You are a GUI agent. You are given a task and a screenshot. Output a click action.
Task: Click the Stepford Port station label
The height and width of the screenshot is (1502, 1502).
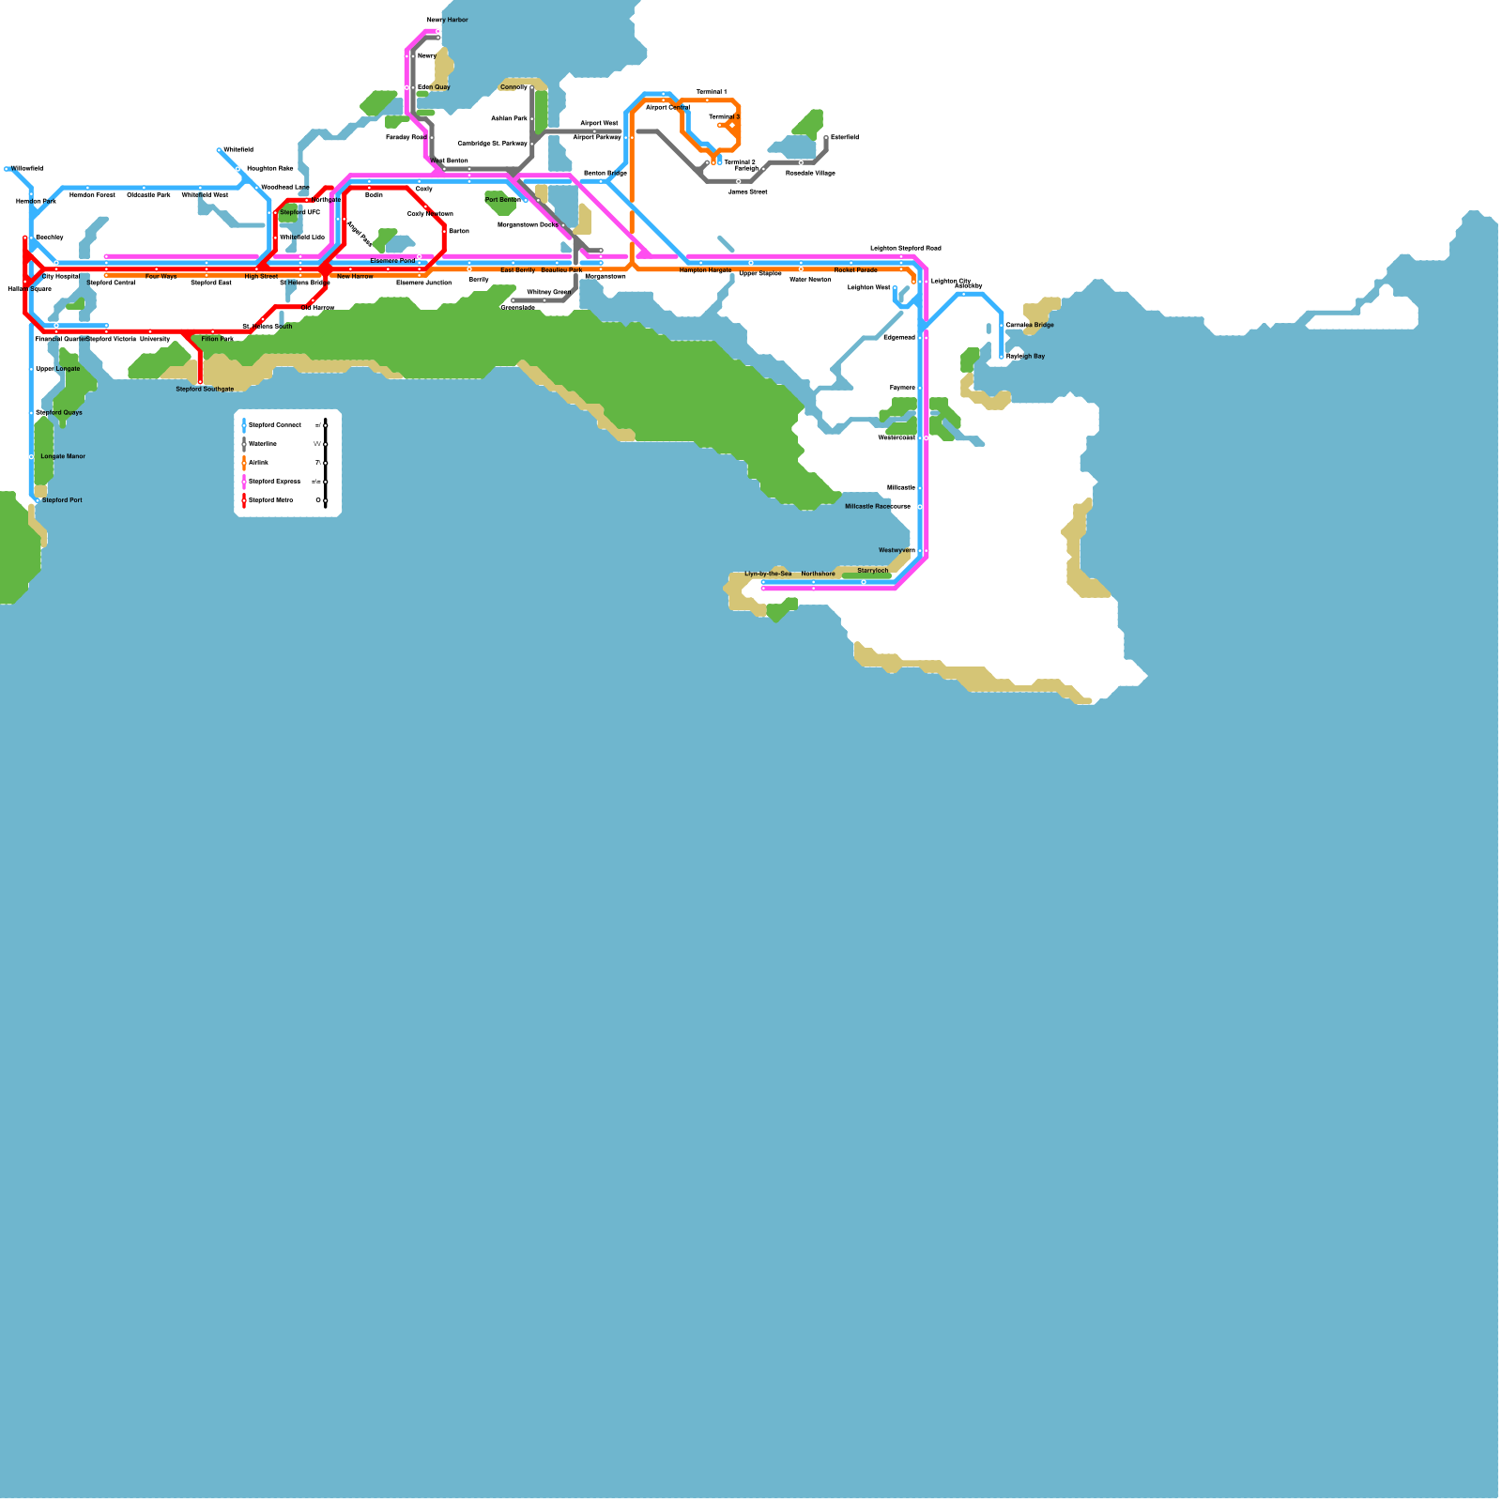point(62,500)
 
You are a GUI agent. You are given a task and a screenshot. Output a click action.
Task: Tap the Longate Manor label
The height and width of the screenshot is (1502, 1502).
point(63,456)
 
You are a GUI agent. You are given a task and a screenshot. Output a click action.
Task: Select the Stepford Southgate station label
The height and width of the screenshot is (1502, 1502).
point(205,389)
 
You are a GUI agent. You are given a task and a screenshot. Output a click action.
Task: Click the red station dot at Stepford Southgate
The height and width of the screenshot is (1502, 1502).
point(200,381)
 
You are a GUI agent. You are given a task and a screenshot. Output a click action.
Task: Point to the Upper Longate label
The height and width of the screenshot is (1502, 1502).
point(58,369)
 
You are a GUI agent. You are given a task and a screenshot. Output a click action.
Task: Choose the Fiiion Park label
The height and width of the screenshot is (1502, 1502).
point(218,339)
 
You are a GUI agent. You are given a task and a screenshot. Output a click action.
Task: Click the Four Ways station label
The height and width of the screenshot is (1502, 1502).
point(161,277)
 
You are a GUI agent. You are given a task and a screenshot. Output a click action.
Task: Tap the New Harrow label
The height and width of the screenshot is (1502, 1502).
point(355,277)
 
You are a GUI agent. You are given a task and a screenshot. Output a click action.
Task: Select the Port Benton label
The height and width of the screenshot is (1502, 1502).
point(502,200)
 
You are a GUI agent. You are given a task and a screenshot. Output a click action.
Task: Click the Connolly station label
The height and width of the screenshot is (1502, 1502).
point(513,87)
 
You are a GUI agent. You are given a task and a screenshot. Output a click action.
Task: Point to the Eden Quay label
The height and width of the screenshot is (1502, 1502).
point(434,87)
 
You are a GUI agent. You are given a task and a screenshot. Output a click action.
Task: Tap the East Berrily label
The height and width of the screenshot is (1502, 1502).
point(517,270)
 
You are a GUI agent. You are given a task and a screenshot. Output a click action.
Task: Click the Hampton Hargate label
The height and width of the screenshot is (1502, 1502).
point(705,270)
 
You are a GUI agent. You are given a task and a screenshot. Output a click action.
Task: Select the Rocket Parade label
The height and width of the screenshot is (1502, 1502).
point(855,270)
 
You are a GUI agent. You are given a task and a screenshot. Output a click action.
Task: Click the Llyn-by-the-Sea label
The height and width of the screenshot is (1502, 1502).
point(768,574)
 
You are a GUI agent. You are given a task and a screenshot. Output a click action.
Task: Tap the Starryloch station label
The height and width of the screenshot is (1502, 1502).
point(872,571)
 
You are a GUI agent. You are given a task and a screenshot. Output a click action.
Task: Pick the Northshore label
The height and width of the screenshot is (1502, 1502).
point(818,574)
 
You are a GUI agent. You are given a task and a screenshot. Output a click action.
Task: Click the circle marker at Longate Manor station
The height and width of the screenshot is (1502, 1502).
point(31,457)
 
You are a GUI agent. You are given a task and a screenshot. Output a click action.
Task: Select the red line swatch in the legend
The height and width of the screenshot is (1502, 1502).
point(244,500)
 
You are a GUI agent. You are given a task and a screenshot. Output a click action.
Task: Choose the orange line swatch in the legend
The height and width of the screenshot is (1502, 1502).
point(244,463)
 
